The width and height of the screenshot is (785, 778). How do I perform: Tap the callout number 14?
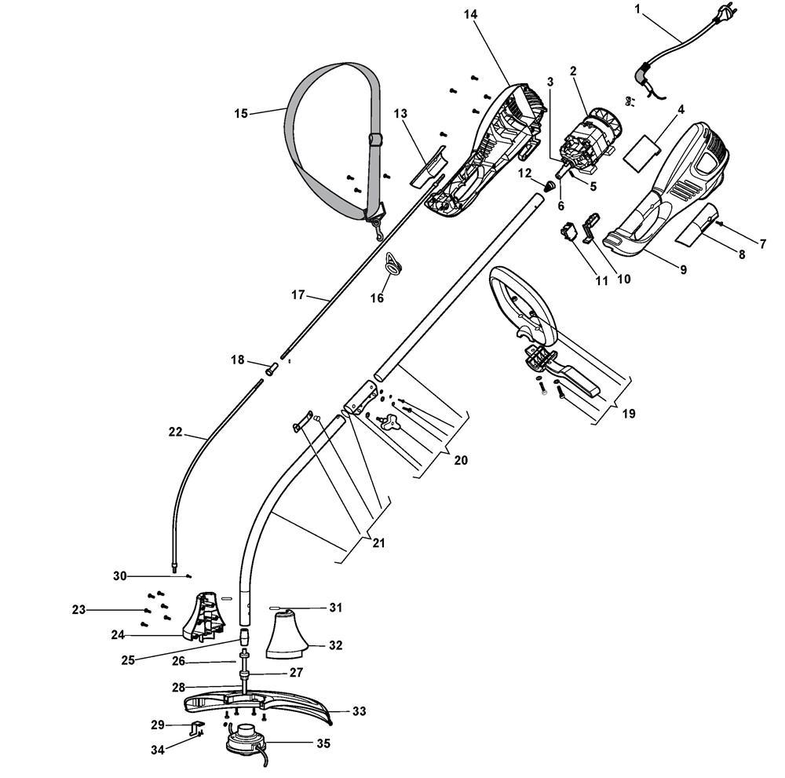[470, 14]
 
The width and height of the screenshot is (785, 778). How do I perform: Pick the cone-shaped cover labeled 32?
[286, 634]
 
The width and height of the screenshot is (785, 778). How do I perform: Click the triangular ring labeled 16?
[393, 264]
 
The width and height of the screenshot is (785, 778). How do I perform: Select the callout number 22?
[175, 432]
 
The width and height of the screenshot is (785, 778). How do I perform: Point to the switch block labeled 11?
[570, 233]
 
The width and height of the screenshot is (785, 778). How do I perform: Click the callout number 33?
[359, 711]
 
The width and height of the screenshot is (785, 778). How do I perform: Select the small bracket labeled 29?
[197, 728]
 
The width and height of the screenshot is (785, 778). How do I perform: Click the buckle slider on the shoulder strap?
[375, 139]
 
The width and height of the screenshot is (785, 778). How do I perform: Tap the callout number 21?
[379, 542]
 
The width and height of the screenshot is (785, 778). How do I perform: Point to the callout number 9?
[684, 270]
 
